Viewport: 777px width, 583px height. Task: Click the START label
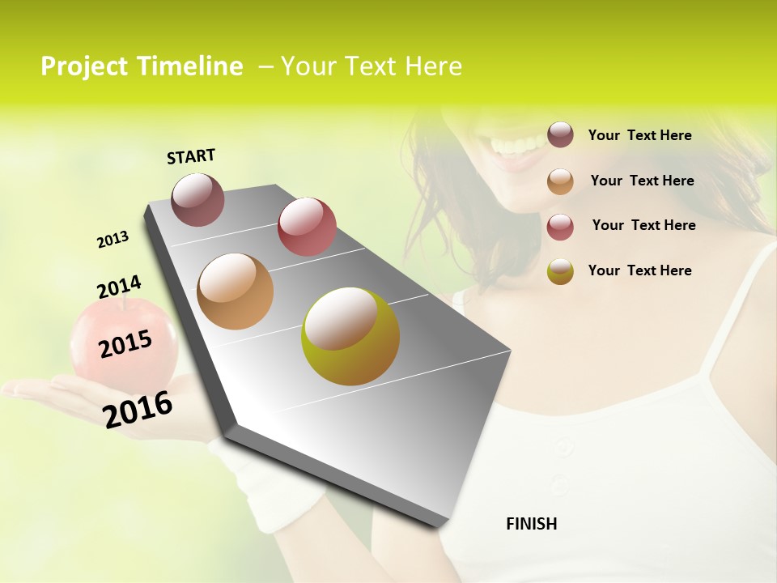[191, 156]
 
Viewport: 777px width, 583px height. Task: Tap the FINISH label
[531, 524]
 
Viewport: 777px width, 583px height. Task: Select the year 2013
[113, 240]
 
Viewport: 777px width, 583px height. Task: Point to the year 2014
[119, 287]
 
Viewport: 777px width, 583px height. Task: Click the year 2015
[125, 344]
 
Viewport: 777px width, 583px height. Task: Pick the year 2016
[138, 409]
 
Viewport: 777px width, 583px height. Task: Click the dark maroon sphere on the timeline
[197, 199]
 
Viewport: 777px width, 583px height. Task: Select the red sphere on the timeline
[307, 226]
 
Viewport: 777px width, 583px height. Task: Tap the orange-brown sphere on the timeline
[235, 291]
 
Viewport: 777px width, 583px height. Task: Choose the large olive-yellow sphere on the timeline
[350, 336]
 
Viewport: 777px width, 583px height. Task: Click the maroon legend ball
[560, 134]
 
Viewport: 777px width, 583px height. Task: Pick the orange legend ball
[560, 181]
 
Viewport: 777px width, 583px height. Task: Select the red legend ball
[560, 227]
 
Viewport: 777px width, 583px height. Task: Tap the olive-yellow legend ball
[560, 271]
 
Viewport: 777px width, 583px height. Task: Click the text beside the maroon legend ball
[639, 135]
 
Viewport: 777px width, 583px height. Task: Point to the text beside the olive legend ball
[639, 270]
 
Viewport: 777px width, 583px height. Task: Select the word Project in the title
[84, 66]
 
